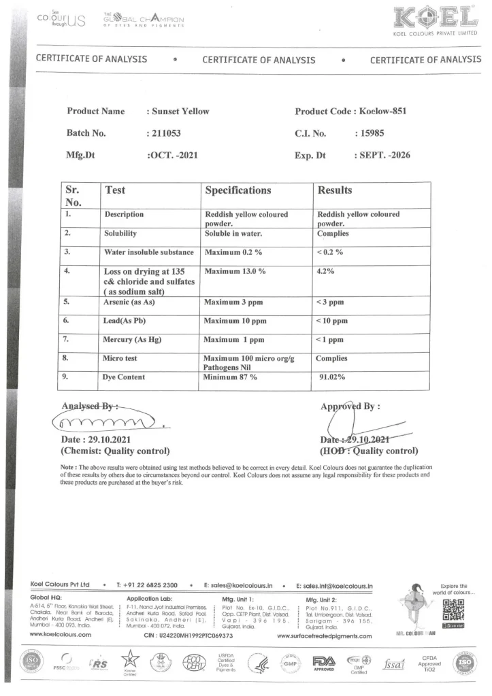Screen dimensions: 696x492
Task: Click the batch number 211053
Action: point(163,133)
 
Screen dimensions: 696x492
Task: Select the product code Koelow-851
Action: point(382,111)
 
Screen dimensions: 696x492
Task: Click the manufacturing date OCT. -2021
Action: point(173,155)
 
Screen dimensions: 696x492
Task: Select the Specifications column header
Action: point(238,190)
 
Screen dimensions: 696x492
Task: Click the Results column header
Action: point(335,190)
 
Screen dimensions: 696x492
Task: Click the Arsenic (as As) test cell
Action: point(134,301)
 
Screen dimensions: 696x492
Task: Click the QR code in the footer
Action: point(454,607)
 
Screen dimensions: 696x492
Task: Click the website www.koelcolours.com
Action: point(61,636)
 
